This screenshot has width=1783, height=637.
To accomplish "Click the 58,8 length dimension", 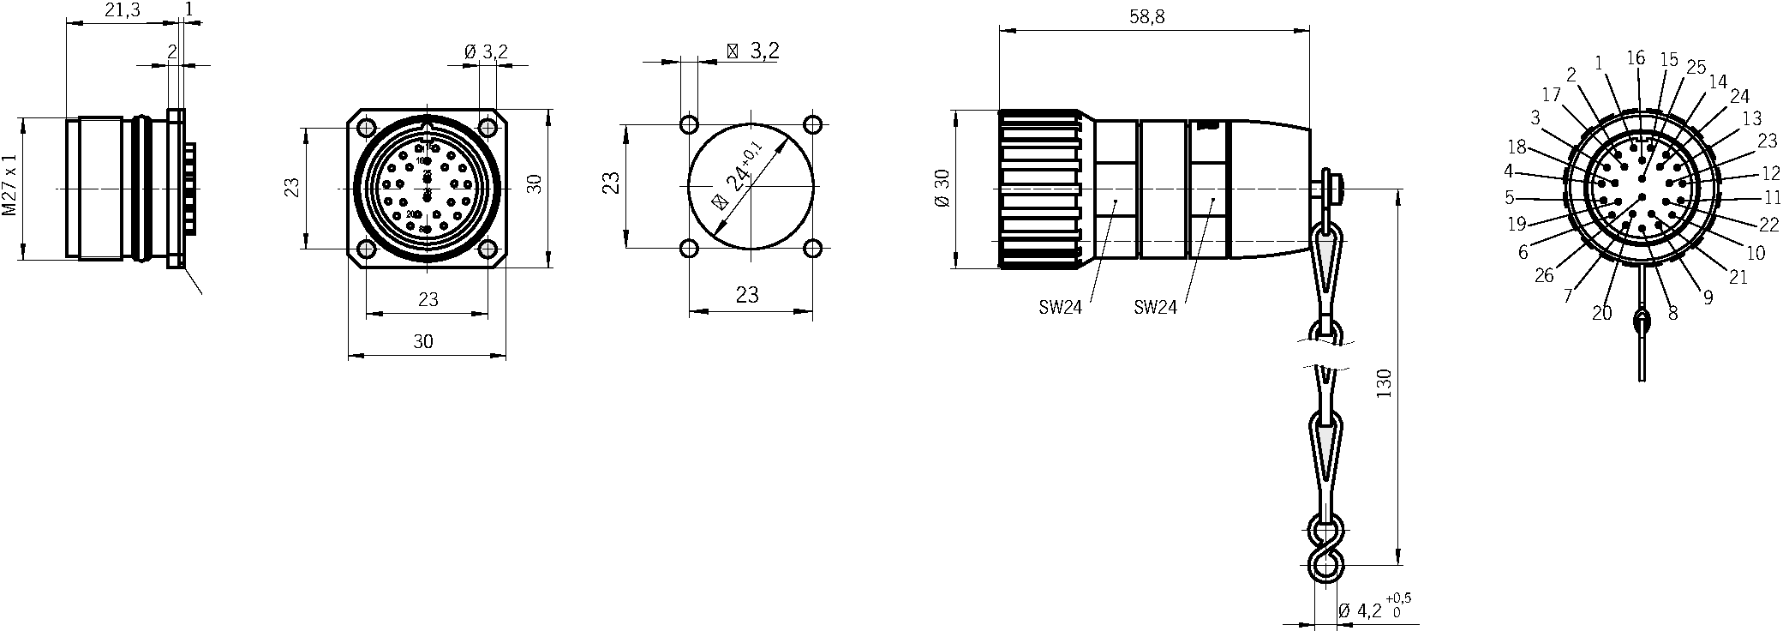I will coord(1147,17).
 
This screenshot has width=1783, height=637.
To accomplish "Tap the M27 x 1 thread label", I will coord(9,185).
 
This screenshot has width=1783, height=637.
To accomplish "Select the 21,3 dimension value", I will coord(122,9).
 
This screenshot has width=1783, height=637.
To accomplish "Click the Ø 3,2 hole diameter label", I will coord(486,52).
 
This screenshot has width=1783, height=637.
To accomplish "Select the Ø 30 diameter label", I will coord(942,189).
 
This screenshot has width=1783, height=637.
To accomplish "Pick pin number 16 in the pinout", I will coord(1635,58).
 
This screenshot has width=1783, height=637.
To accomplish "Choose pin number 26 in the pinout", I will coord(1543,276).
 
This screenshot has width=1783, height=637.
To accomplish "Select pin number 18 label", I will coord(1517,146).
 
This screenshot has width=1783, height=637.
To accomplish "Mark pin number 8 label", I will coord(1672,315).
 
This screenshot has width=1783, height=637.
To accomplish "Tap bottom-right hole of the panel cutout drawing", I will coord(812,249).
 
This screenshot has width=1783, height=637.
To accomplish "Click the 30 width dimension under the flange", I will coord(423,341).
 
